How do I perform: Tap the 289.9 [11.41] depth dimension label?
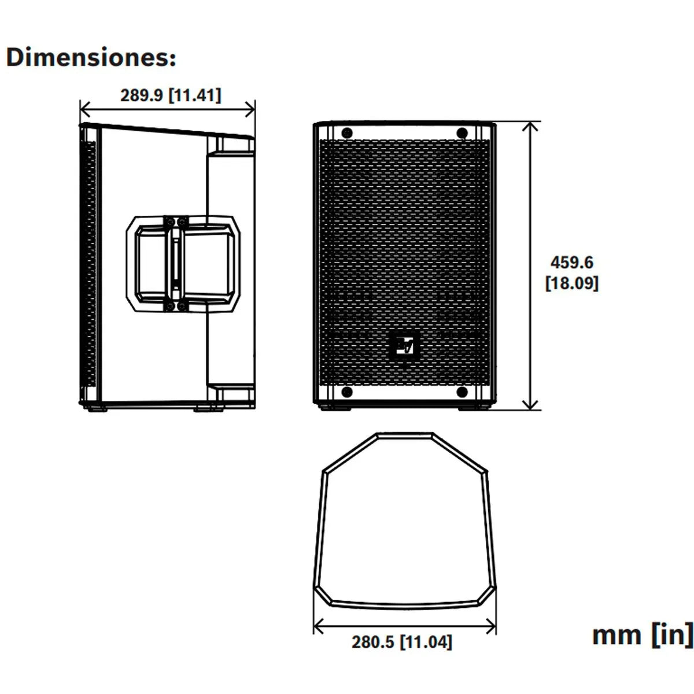coord(171,95)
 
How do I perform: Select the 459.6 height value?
coord(571,262)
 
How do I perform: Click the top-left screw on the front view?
coord(346,133)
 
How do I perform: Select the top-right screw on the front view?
coord(462,133)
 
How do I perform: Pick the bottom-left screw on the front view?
coord(346,392)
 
